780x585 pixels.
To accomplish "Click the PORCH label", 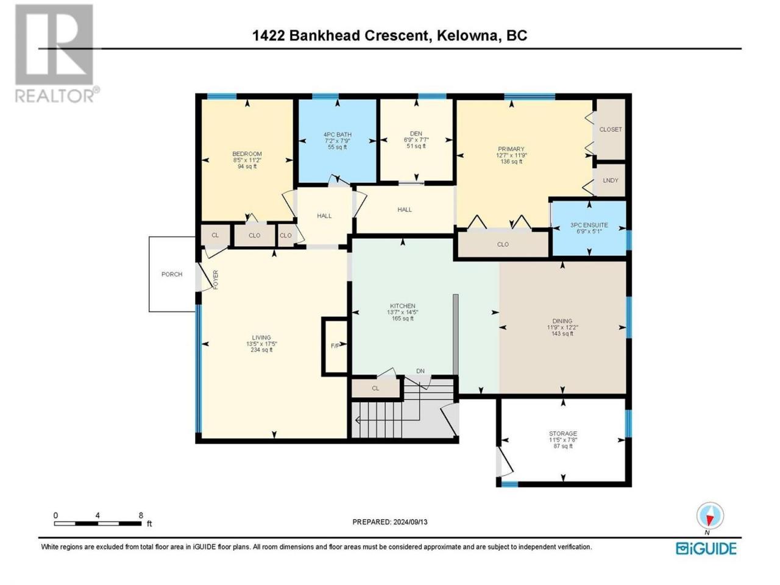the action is pyautogui.click(x=172, y=274).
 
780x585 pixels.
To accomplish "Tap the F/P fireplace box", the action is pyautogui.click(x=335, y=346).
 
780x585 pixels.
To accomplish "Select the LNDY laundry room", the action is pyautogui.click(x=610, y=180).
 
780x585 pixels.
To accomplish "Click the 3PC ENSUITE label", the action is pyautogui.click(x=589, y=225).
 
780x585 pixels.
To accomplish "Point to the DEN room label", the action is pyautogui.click(x=416, y=133).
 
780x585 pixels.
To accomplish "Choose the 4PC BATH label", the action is pyautogui.click(x=337, y=135).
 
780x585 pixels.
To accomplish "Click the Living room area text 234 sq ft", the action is pyautogui.click(x=261, y=350).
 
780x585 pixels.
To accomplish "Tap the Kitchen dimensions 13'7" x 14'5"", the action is pyautogui.click(x=403, y=312).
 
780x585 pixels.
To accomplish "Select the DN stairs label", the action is pyautogui.click(x=420, y=371).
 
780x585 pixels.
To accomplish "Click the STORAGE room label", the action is pyautogui.click(x=563, y=434).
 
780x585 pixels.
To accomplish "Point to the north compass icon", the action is pyautogui.click(x=710, y=516).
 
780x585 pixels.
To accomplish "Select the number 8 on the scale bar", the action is pyautogui.click(x=141, y=516).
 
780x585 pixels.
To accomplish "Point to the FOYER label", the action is pyautogui.click(x=216, y=280).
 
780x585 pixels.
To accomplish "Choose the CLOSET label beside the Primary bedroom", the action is pyautogui.click(x=611, y=129).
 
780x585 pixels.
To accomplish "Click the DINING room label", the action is pyautogui.click(x=562, y=321).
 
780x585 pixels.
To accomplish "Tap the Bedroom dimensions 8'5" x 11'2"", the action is pyautogui.click(x=247, y=160).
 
